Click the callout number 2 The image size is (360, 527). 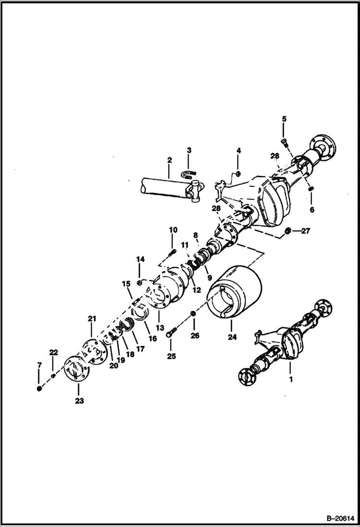169,159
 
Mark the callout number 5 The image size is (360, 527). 284,119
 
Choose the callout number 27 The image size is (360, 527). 306,231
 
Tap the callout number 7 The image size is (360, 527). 39,367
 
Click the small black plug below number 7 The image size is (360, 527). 39,388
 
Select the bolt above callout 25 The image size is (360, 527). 172,331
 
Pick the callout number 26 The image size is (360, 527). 195,335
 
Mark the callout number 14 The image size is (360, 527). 140,259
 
